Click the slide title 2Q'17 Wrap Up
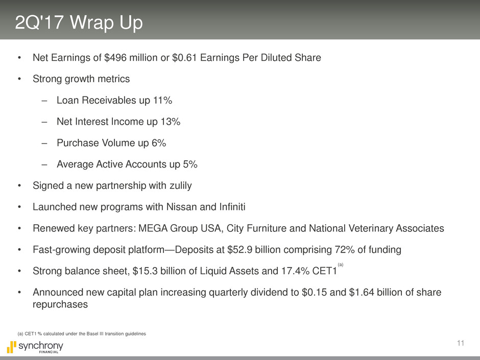tap(79, 23)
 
